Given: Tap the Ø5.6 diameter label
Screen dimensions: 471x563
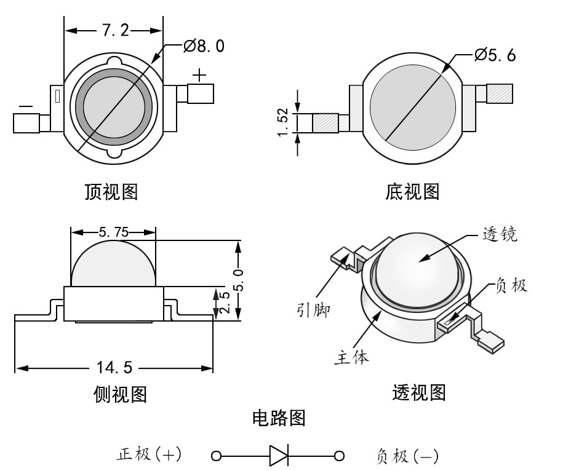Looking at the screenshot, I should pyautogui.click(x=495, y=55).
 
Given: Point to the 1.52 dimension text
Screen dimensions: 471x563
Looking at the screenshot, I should pyautogui.click(x=283, y=123).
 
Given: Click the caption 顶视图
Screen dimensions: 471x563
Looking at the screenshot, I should pyautogui.click(x=111, y=192).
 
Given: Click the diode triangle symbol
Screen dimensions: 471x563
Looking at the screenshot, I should pyautogui.click(x=278, y=456).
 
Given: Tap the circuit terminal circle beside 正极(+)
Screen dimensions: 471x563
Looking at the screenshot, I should pyautogui.click(x=215, y=456).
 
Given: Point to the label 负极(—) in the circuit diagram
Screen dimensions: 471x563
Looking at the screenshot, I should pyautogui.click(x=407, y=456).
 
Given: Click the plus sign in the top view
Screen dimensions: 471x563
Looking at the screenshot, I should pyautogui.click(x=200, y=75).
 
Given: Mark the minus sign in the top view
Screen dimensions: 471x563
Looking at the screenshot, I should pyautogui.click(x=26, y=106).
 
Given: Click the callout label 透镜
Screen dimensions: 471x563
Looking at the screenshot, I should pyautogui.click(x=500, y=234).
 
